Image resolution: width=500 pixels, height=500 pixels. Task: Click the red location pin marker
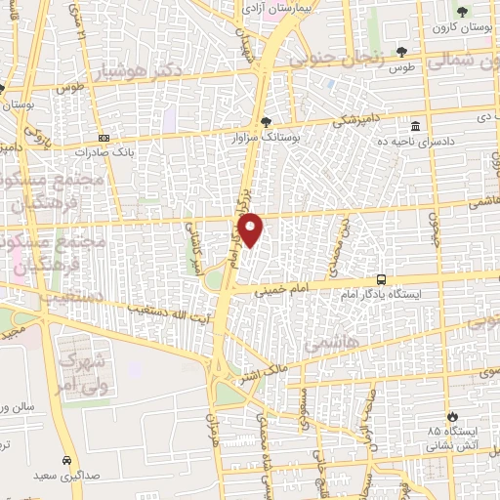(x=251, y=229)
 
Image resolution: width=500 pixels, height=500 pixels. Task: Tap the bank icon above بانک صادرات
(x=104, y=138)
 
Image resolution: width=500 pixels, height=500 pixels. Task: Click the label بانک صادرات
(x=104, y=152)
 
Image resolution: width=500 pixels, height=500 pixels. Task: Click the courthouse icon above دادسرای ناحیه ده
(x=416, y=127)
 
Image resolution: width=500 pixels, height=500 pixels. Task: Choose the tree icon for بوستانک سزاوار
(x=268, y=121)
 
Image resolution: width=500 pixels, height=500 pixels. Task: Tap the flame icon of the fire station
(x=453, y=416)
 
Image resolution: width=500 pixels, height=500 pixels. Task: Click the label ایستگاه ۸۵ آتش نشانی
(x=453, y=437)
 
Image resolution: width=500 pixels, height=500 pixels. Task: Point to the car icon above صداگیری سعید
(x=65, y=461)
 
